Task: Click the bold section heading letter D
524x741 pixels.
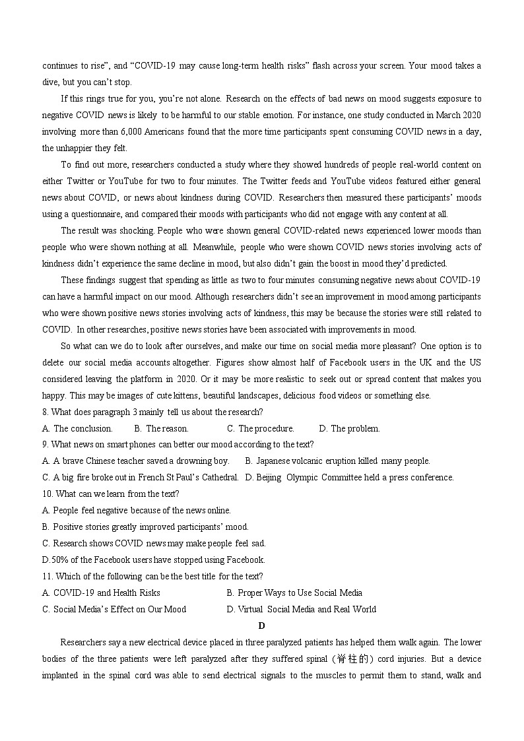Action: (261, 626)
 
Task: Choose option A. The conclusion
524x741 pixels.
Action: (77, 428)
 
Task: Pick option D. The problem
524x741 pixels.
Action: (349, 428)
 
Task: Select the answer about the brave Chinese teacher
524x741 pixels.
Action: (136, 461)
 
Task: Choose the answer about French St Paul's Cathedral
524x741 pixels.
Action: (140, 477)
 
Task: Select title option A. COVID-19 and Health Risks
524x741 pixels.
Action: (101, 593)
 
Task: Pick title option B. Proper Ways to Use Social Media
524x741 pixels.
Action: (294, 593)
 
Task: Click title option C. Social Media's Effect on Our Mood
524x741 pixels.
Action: (114, 609)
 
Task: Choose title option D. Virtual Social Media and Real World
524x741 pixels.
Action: (301, 609)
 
